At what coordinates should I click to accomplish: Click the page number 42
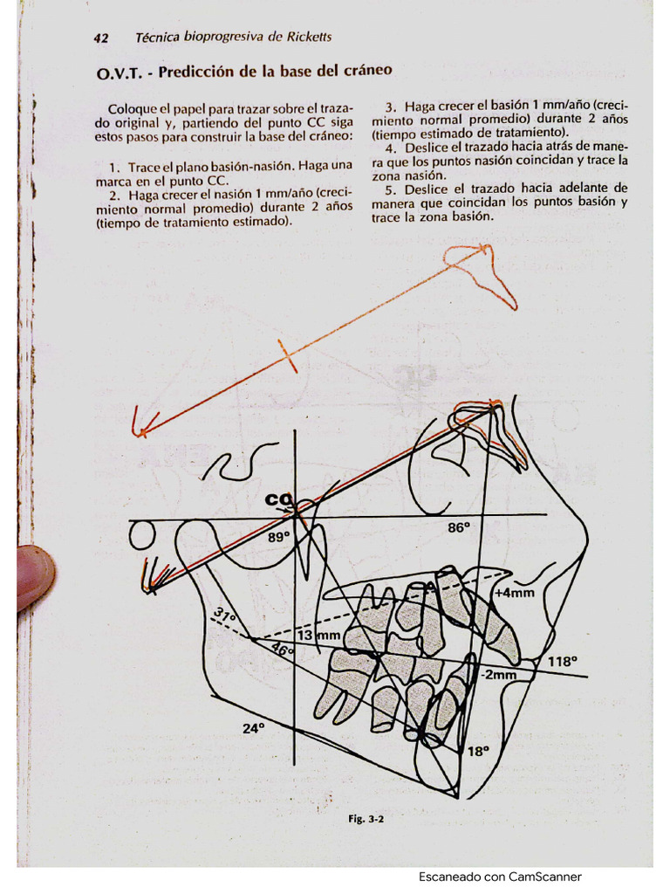100,38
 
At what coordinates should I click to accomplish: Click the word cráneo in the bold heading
365,69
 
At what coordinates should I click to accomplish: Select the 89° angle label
278,538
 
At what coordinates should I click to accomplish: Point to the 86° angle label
459,527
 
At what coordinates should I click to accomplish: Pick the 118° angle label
562,662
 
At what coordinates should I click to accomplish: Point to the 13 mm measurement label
318,636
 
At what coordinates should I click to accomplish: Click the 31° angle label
225,618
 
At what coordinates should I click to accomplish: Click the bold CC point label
278,500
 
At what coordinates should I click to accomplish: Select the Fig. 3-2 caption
366,820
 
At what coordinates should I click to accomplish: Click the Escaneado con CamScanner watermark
500,877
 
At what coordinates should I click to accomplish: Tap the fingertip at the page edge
35,576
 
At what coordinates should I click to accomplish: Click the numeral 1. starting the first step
113,166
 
